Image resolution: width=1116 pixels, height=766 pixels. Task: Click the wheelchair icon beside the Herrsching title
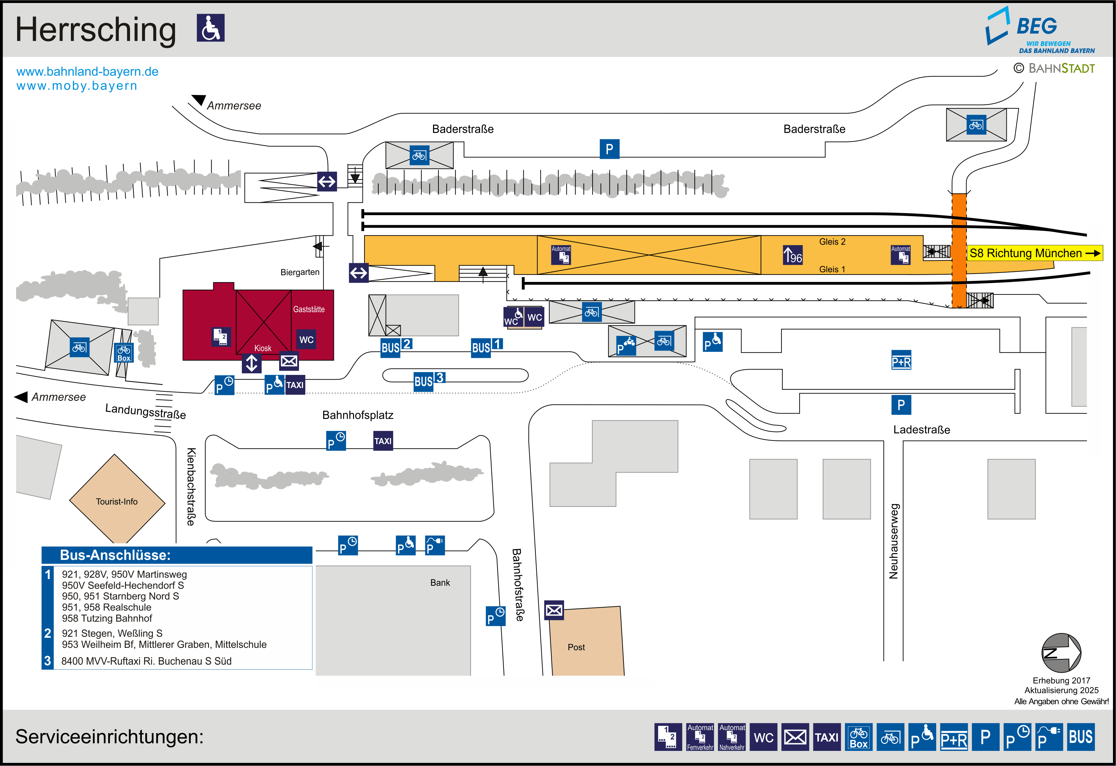210,28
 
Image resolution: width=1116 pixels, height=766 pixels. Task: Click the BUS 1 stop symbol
486,346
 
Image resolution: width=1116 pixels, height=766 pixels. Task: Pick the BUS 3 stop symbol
429,380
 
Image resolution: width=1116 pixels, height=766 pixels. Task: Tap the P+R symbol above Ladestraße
901,361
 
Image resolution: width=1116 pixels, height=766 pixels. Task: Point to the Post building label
576,647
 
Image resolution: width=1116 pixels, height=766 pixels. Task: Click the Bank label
440,582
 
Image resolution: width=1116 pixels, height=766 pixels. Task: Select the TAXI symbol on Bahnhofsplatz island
383,441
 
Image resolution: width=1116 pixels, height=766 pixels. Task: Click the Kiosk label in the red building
263,348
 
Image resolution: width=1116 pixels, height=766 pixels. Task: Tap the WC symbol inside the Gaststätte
306,340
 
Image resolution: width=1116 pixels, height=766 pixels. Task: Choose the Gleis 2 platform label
832,241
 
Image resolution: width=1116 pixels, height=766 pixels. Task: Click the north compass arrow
1061,653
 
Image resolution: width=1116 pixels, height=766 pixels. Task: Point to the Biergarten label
300,272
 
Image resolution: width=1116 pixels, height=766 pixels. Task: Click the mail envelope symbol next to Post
554,610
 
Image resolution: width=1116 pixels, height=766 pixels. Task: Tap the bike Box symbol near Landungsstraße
123,353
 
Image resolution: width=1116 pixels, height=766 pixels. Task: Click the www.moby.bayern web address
77,86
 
